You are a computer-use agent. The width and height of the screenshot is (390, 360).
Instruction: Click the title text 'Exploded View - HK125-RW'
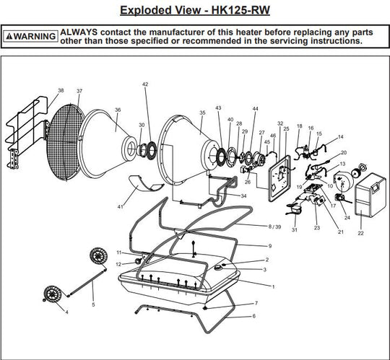(x=194, y=11)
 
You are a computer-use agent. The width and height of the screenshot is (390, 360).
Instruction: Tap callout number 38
(x=61, y=91)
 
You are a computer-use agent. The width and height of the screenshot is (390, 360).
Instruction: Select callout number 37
(x=79, y=91)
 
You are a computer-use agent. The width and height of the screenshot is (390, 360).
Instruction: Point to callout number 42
(x=144, y=84)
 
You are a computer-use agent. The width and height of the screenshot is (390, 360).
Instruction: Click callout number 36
(x=117, y=110)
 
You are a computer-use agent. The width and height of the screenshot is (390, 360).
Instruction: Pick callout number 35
(x=202, y=113)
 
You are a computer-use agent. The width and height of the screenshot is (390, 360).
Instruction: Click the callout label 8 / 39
(x=274, y=227)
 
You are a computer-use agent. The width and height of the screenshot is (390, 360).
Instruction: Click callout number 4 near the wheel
(x=66, y=312)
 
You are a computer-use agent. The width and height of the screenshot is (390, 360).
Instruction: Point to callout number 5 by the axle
(x=92, y=305)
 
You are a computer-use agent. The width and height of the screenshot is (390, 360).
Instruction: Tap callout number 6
(x=253, y=316)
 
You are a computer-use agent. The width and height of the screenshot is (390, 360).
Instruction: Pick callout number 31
(x=294, y=230)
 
